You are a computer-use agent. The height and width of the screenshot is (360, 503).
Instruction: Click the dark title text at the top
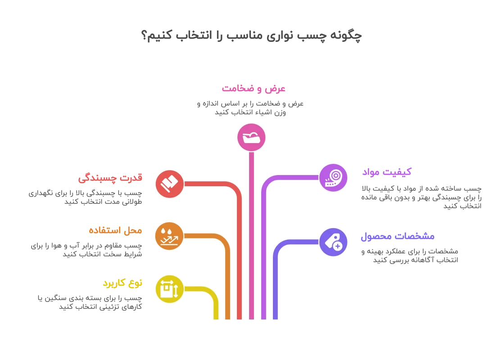[251, 35]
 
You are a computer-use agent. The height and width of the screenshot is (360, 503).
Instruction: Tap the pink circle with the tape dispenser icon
[251, 137]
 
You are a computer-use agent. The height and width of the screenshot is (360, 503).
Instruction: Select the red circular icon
[170, 184]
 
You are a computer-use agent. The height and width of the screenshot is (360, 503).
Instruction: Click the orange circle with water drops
[169, 236]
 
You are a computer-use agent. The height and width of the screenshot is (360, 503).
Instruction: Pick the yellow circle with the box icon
[170, 289]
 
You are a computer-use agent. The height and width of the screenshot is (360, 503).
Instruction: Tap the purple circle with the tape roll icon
[333, 178]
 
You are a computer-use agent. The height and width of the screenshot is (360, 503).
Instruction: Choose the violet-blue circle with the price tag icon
[333, 243]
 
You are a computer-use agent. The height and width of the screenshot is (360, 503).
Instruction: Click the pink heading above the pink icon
[254, 89]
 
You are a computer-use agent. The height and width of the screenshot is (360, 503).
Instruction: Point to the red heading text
[110, 178]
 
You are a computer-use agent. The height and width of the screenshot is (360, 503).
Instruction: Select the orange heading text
[115, 230]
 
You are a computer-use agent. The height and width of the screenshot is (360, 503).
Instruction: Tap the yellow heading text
[122, 283]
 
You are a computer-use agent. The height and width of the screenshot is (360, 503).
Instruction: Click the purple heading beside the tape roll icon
[388, 172]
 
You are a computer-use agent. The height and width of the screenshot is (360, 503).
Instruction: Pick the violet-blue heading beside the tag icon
[398, 237]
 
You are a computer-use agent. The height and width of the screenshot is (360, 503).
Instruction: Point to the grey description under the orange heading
[86, 250]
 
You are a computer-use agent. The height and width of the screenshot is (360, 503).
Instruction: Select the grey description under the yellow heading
[90, 302]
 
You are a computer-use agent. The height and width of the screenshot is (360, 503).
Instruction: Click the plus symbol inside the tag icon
[337, 246]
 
